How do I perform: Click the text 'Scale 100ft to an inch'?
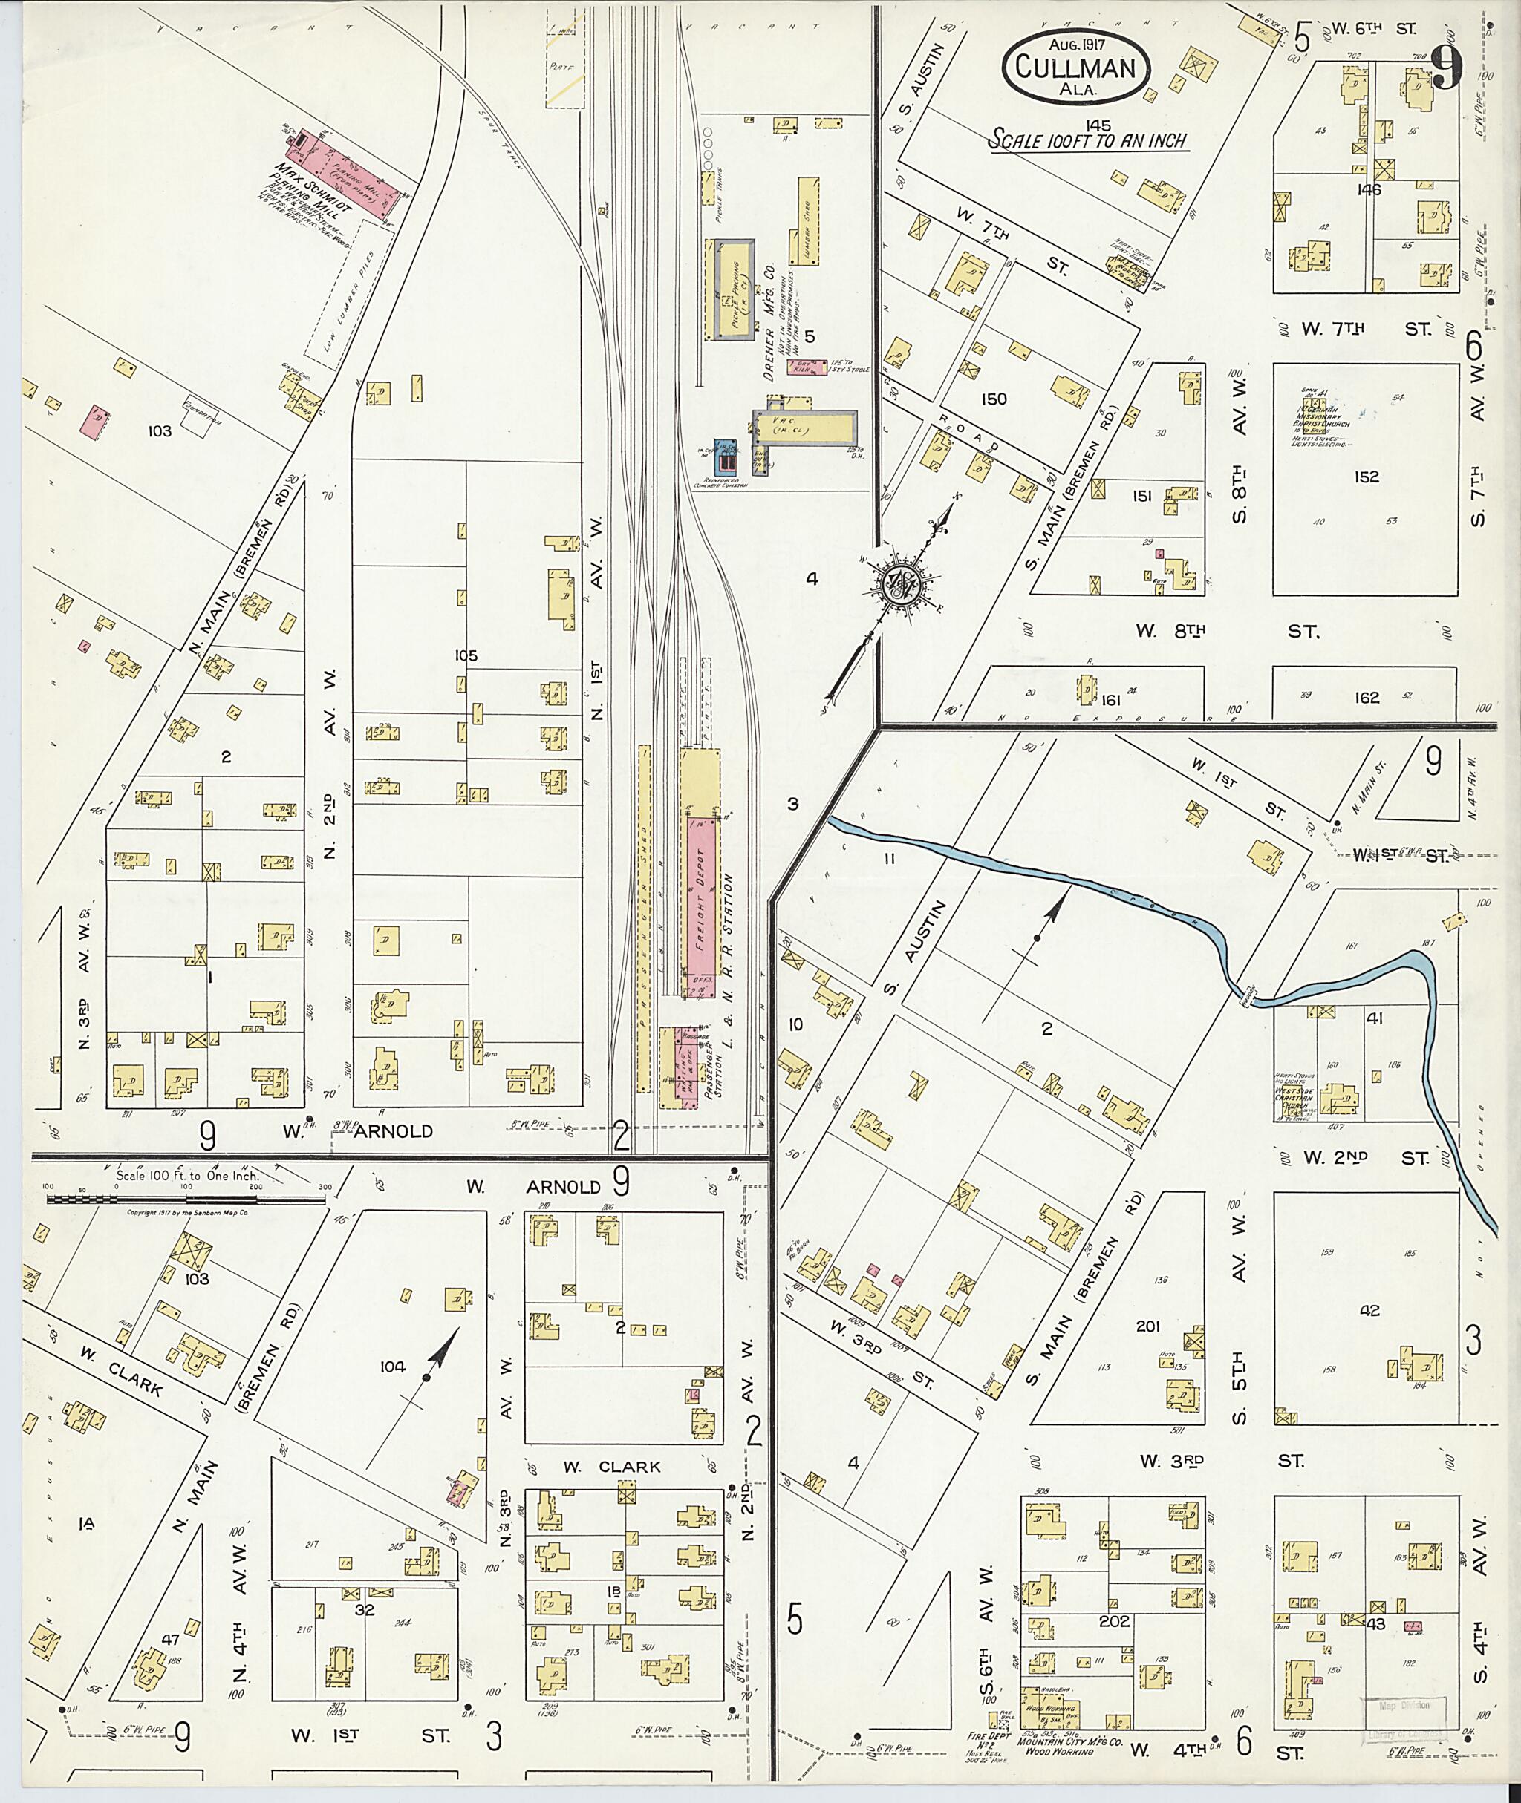click(x=1087, y=140)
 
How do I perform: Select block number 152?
click(x=1367, y=477)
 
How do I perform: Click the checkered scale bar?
click(x=186, y=1199)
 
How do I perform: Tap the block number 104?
click(x=392, y=1367)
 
